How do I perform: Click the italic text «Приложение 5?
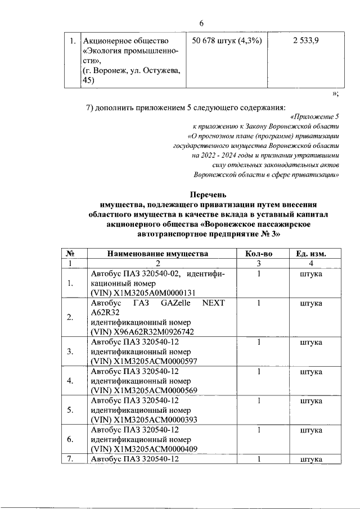(x=316, y=116)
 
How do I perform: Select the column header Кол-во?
(x=259, y=254)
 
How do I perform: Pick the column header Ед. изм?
(x=311, y=254)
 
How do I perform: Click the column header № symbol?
(x=70, y=254)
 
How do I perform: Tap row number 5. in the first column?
(x=70, y=410)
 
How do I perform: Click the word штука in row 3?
(x=311, y=341)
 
